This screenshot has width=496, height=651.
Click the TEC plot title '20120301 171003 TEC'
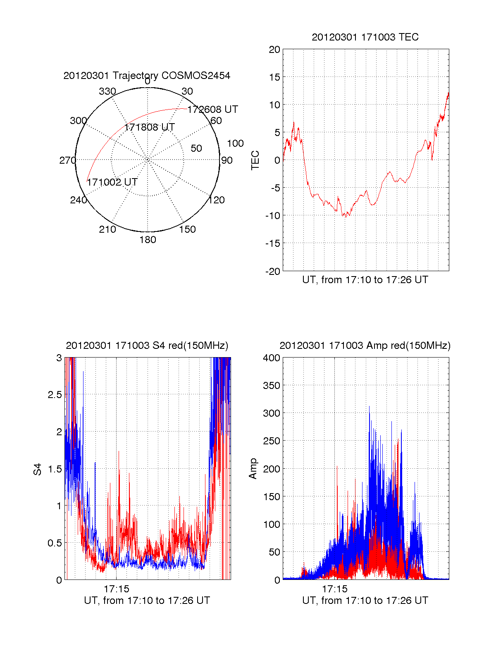pos(365,37)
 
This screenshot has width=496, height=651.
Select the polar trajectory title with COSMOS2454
pos(147,76)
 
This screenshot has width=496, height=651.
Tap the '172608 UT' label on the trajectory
pos(212,110)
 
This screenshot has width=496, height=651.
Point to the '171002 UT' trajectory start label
pos(112,182)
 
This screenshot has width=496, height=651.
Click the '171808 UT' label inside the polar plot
pos(149,127)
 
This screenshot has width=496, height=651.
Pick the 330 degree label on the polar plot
pos(107,91)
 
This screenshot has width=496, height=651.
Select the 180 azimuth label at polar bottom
pos(148,240)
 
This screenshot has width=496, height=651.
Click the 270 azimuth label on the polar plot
pos(67,160)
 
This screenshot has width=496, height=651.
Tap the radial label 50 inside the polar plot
pos(196,148)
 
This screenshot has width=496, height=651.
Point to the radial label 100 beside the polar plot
pos(235,143)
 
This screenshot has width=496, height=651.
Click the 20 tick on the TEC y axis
pos(274,50)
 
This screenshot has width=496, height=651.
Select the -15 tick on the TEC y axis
pos(273,243)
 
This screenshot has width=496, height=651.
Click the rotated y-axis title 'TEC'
pos(255,160)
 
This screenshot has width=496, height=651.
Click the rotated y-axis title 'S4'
pos(38,469)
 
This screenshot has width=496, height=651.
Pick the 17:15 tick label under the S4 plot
pos(117,589)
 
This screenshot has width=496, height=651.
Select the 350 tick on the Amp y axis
pos(272,386)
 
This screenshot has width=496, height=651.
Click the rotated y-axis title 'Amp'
pos(253,469)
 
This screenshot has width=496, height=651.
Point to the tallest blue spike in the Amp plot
pos(369,407)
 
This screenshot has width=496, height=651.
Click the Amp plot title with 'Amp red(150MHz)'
pos(365,346)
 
